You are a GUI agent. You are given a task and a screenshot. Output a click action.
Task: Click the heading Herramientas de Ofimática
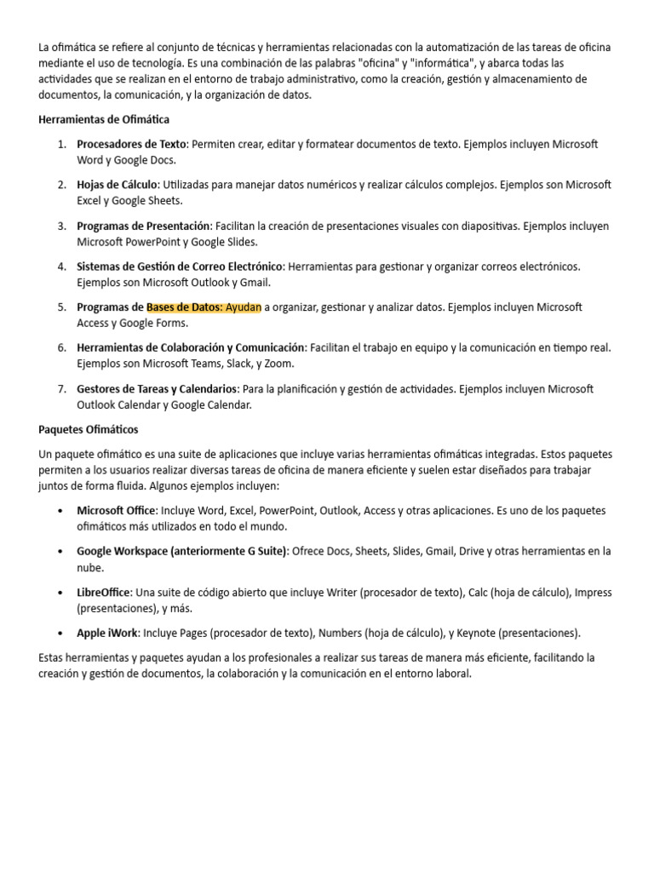104,120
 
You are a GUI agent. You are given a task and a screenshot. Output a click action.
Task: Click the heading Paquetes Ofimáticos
89,429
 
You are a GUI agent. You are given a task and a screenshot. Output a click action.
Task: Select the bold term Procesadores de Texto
131,144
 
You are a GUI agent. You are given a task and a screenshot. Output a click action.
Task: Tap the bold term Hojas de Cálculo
117,185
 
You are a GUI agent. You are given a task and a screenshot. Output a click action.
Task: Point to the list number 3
62,226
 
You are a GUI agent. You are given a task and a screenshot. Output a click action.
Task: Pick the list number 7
62,389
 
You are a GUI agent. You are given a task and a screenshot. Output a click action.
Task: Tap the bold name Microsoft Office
117,511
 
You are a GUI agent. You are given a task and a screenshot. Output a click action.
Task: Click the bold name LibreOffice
104,593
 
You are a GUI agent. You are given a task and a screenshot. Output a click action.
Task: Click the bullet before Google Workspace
59,552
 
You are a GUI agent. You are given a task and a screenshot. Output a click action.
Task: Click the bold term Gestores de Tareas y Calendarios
157,389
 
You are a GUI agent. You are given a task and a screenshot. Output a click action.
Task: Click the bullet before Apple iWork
59,634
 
